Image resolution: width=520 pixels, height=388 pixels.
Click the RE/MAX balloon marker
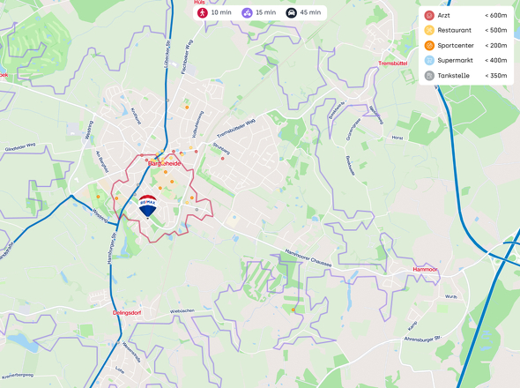coord(148,205)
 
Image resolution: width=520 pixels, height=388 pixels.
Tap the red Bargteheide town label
coord(164,163)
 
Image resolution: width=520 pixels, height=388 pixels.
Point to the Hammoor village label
coord(426,268)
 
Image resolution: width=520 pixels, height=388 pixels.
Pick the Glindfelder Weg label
coord(19,146)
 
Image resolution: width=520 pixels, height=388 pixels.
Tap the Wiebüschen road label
coord(182,311)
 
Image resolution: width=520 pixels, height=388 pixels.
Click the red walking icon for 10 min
coord(203,13)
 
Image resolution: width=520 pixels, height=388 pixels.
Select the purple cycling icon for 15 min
coord(247,13)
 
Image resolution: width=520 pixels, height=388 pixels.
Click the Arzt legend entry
coord(446,15)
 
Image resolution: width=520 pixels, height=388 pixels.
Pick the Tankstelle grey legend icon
coord(429,76)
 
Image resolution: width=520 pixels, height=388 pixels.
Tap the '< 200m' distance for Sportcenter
coord(495,46)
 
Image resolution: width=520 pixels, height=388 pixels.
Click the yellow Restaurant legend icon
coord(429,31)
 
